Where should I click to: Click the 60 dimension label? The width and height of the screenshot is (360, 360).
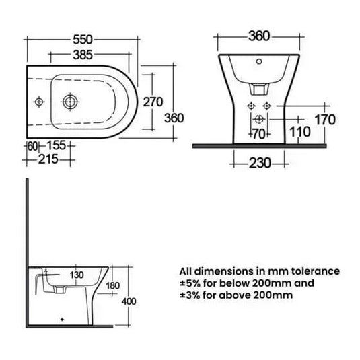[x=32, y=145]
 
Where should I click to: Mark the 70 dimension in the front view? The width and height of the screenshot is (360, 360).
[x=258, y=133]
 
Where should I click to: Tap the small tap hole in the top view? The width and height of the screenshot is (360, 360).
[x=39, y=102]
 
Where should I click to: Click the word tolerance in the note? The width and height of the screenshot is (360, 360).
[x=314, y=271]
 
